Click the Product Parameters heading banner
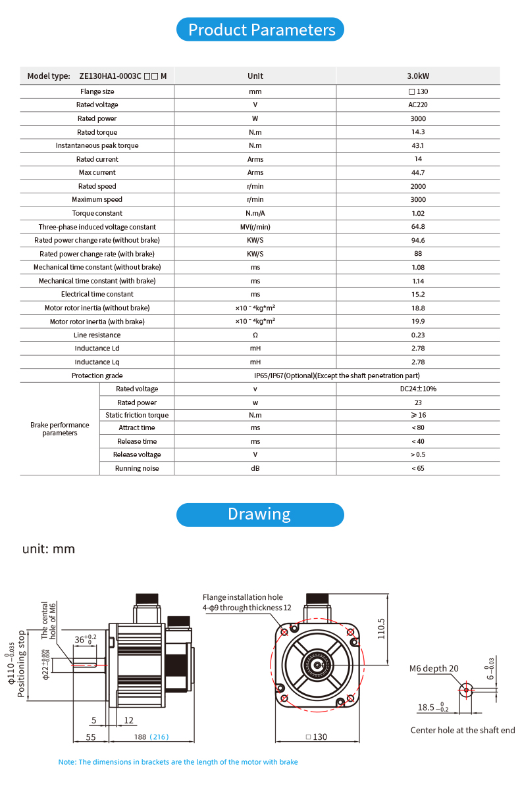coord(261,30)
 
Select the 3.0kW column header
coord(418,76)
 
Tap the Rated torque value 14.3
coord(418,132)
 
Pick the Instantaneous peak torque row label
coord(97,145)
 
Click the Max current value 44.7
coord(418,172)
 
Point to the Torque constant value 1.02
coord(418,213)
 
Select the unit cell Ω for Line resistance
coord(255,335)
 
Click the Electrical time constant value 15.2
coord(418,294)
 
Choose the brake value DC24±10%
coord(418,389)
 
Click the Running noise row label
coord(137,468)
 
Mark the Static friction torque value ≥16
coord(418,415)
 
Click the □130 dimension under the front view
coord(317,737)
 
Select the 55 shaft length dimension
coord(91,737)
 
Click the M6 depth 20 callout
coord(434,669)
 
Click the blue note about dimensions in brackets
coord(178,762)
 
